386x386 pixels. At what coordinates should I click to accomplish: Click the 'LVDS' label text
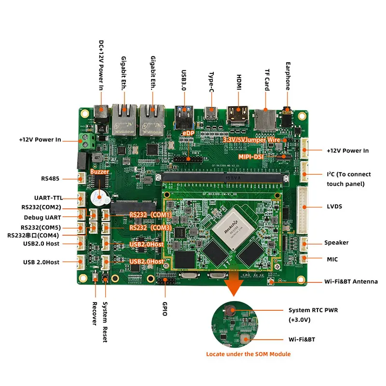tap(334, 207)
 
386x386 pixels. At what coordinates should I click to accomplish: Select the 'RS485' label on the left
tap(50, 179)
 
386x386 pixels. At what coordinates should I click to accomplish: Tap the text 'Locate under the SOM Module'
tap(248, 354)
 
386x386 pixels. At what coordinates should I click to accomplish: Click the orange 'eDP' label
tap(187, 132)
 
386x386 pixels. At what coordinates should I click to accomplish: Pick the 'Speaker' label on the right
tap(336, 243)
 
